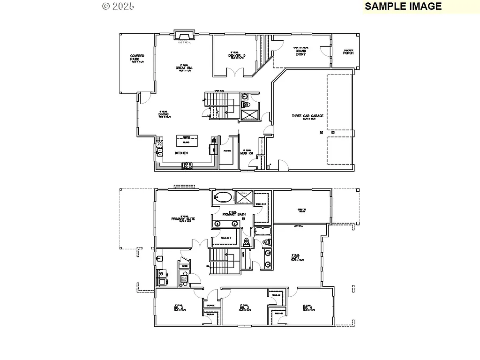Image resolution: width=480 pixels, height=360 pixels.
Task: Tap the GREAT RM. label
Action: pyautogui.click(x=184, y=68)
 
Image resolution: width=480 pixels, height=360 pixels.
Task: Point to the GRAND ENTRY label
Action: pyautogui.click(x=300, y=52)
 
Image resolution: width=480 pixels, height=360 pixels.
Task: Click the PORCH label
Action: pyautogui.click(x=348, y=52)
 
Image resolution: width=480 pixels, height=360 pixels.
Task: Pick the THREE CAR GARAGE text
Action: pyautogui.click(x=307, y=116)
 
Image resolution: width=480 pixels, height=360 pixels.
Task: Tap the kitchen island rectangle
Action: pyautogui.click(x=187, y=141)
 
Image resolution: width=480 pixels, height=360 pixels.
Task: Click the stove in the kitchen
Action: pyautogui.click(x=187, y=165)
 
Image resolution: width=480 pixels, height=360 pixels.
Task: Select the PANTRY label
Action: pyautogui.click(x=227, y=151)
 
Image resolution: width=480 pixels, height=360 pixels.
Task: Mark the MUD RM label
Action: pyautogui.click(x=247, y=153)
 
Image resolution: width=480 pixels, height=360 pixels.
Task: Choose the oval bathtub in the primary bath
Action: pyautogui.click(x=222, y=197)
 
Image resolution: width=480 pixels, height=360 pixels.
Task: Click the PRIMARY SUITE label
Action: pyautogui.click(x=183, y=218)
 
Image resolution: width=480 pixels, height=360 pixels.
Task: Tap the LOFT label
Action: pyautogui.click(x=295, y=257)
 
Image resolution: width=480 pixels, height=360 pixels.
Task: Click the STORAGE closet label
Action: pyautogui.click(x=210, y=306)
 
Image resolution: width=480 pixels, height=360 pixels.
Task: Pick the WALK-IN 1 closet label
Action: pyautogui.click(x=226, y=238)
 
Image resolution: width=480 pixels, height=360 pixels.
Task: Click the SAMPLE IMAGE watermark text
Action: pyautogui.click(x=403, y=6)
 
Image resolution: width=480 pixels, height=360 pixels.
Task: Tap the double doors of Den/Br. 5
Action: pyautogui.click(x=235, y=72)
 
